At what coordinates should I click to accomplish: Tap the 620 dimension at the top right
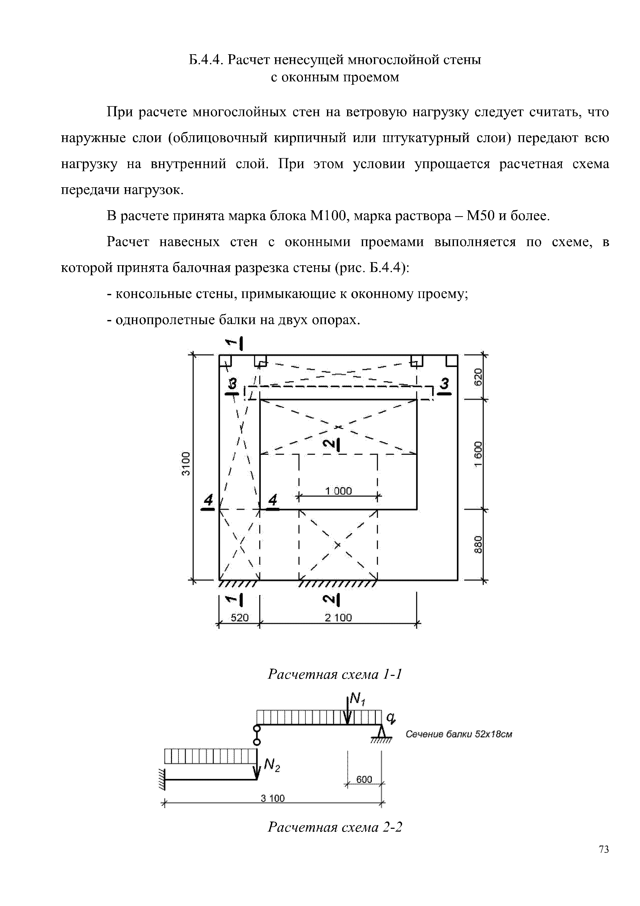click(478, 377)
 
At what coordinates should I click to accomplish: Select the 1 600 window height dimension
click(478, 454)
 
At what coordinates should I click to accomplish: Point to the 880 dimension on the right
click(478, 544)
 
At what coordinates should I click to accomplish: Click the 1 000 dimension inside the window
click(338, 491)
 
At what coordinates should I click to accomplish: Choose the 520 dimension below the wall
click(239, 618)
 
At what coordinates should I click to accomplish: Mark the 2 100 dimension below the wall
click(338, 618)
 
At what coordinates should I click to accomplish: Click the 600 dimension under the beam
click(364, 779)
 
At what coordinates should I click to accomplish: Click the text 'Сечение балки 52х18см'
click(459, 734)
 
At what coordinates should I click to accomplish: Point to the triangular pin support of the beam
click(381, 732)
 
